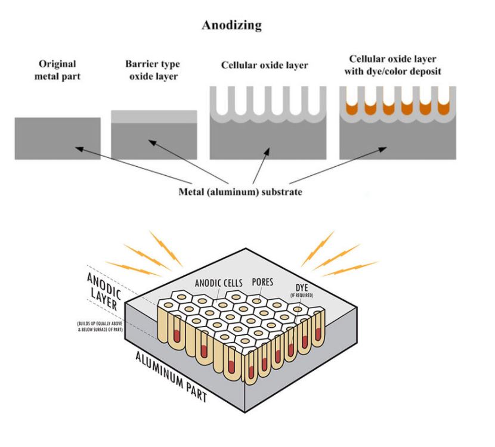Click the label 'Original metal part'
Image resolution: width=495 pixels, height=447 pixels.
coord(57,69)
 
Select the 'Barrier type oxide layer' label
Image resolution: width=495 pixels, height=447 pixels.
coord(154,69)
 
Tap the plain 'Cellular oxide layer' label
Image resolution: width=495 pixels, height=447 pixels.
coord(265,65)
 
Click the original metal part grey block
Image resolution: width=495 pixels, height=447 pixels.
coord(57,138)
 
